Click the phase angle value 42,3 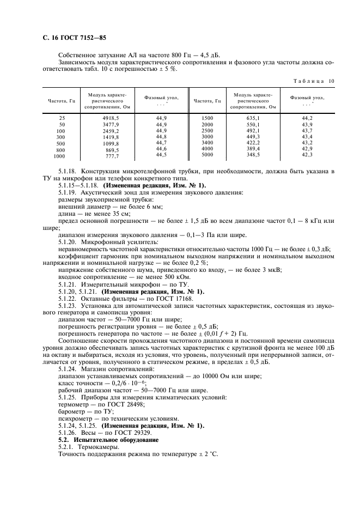coord(308,155)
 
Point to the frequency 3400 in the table coord(207,142)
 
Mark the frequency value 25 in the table coord(61,118)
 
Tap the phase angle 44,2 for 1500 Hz coord(308,118)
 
